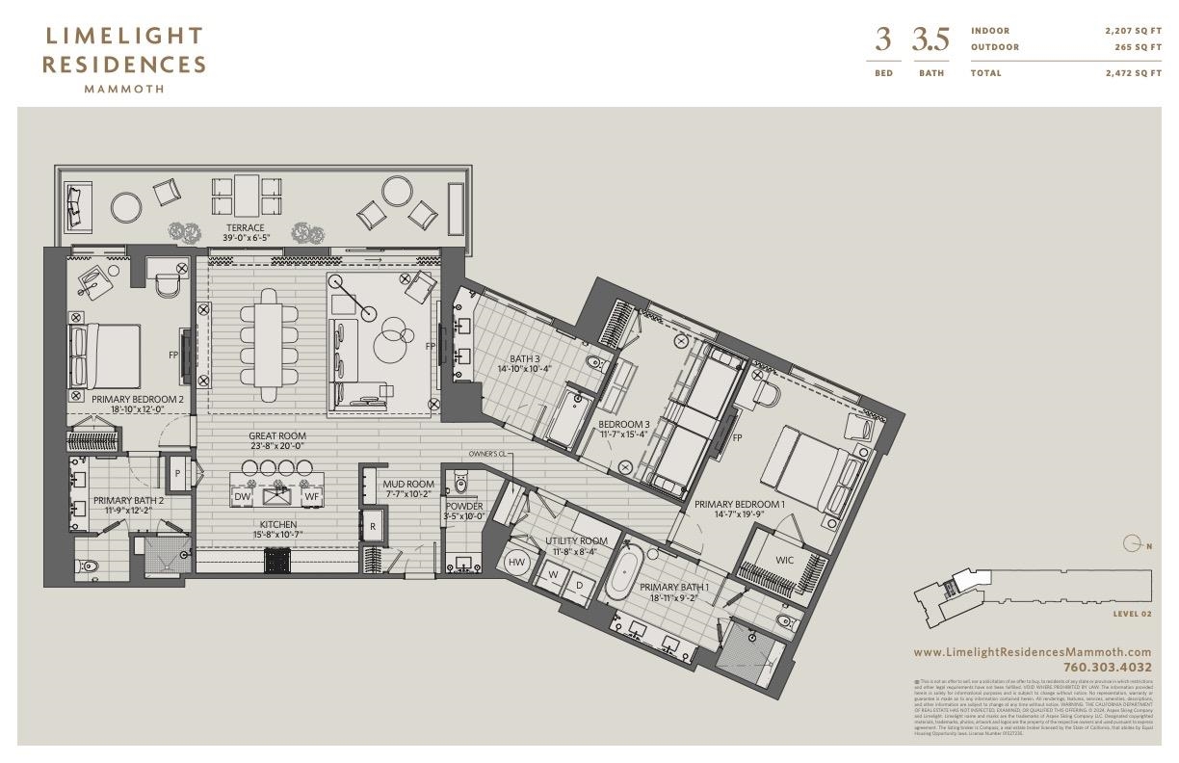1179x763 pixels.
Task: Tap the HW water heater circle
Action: (516, 562)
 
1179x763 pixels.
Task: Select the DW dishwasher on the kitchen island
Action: (243, 496)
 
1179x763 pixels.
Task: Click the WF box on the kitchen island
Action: (311, 496)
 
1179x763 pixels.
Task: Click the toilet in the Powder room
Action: (459, 480)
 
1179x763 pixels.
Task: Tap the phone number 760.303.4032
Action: (1107, 667)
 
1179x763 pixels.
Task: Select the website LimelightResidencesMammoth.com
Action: (1032, 652)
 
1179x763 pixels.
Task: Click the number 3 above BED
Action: (882, 40)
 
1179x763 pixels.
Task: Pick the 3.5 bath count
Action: (930, 40)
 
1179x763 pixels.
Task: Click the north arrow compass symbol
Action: (1134, 546)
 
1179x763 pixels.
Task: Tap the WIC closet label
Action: (785, 560)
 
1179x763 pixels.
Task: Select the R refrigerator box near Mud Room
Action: (372, 526)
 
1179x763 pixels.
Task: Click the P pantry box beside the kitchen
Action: (177, 473)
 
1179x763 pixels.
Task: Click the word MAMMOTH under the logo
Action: (124, 89)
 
